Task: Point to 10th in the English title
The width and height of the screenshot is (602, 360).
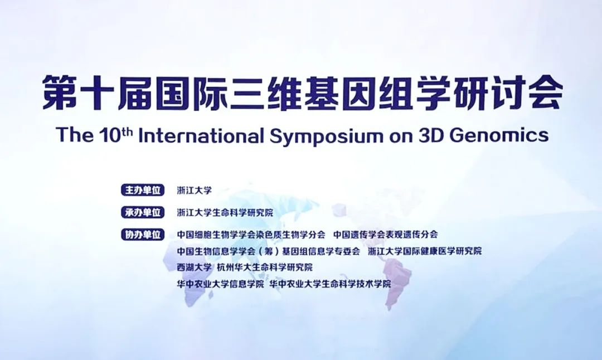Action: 112,135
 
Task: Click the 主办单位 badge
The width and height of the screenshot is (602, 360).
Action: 143,190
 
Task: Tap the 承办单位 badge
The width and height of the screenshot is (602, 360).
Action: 143,212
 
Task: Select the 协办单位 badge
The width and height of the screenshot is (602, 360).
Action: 143,234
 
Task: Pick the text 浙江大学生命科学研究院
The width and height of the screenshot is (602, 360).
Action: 225,212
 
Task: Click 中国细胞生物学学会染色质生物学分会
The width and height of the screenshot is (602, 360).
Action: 251,235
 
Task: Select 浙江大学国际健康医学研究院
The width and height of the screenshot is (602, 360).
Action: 425,251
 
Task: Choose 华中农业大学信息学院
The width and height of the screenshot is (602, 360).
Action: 220,284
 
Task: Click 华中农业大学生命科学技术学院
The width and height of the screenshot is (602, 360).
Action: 330,284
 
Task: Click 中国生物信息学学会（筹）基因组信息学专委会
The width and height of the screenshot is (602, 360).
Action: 268,251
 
